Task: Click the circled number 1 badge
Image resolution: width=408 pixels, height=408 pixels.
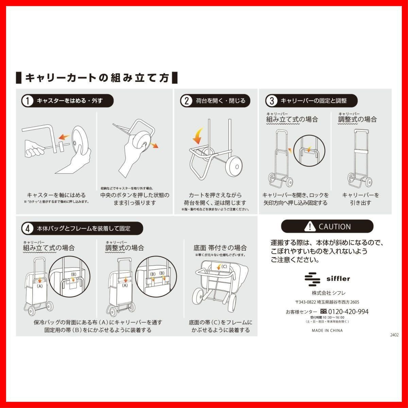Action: tap(28, 101)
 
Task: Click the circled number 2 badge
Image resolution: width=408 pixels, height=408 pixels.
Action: tap(186, 101)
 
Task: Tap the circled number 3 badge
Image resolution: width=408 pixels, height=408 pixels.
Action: tap(272, 101)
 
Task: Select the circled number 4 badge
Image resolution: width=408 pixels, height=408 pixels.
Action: tap(28, 228)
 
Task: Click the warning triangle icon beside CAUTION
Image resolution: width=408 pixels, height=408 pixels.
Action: tap(310, 226)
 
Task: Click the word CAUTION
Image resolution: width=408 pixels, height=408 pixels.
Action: tap(335, 227)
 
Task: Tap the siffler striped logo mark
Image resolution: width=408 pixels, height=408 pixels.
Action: tap(312, 279)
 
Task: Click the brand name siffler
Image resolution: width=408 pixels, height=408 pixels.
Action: tap(338, 279)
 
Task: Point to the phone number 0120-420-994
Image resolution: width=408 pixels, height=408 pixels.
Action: tap(348, 312)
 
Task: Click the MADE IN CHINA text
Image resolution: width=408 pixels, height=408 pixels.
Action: tap(327, 330)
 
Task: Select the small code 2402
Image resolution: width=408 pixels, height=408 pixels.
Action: tap(394, 335)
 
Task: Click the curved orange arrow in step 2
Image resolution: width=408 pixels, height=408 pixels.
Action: tap(198, 136)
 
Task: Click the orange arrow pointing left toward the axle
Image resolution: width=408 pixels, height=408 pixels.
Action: tap(64, 137)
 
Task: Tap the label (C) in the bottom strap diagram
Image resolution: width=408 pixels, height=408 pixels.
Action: tap(224, 267)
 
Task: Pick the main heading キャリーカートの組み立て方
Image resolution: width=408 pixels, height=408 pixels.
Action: tap(97, 78)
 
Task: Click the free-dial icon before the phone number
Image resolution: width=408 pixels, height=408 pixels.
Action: tap(324, 311)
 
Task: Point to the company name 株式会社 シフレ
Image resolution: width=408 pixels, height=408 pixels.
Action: tap(328, 293)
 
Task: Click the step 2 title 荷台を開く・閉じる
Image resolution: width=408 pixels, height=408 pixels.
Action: tap(220, 101)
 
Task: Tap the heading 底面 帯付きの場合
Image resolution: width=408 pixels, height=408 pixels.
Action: tap(220, 248)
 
